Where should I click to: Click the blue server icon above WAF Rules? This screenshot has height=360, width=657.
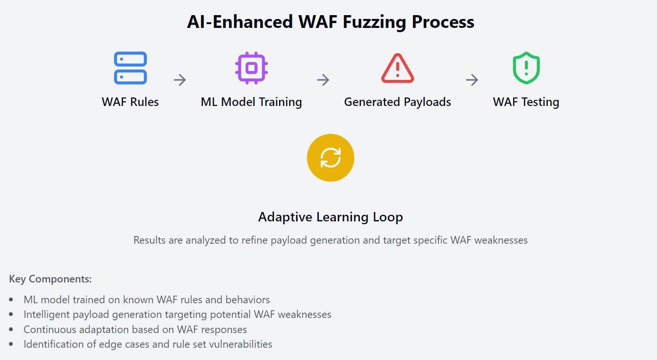[x=130, y=68]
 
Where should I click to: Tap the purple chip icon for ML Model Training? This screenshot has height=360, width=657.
[x=251, y=68]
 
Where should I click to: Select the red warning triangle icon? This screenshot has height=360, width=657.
[x=397, y=68]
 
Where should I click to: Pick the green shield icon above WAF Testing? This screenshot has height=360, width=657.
[x=526, y=68]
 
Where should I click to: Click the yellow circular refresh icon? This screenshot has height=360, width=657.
[x=330, y=158]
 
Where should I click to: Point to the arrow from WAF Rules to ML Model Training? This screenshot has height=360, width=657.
[x=180, y=80]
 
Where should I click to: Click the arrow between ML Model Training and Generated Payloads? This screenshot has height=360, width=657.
[x=323, y=80]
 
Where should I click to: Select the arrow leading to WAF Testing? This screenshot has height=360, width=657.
[x=472, y=80]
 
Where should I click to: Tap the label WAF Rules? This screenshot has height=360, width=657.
[x=130, y=102]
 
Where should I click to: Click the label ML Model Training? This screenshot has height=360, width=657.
[x=251, y=102]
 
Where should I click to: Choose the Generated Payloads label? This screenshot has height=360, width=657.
[x=397, y=102]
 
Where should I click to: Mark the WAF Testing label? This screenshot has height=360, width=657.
[x=526, y=102]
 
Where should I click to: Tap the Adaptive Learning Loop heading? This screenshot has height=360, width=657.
[x=330, y=217]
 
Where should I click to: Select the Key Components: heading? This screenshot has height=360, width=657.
[x=50, y=279]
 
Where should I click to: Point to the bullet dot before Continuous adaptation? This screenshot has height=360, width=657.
[x=11, y=330]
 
